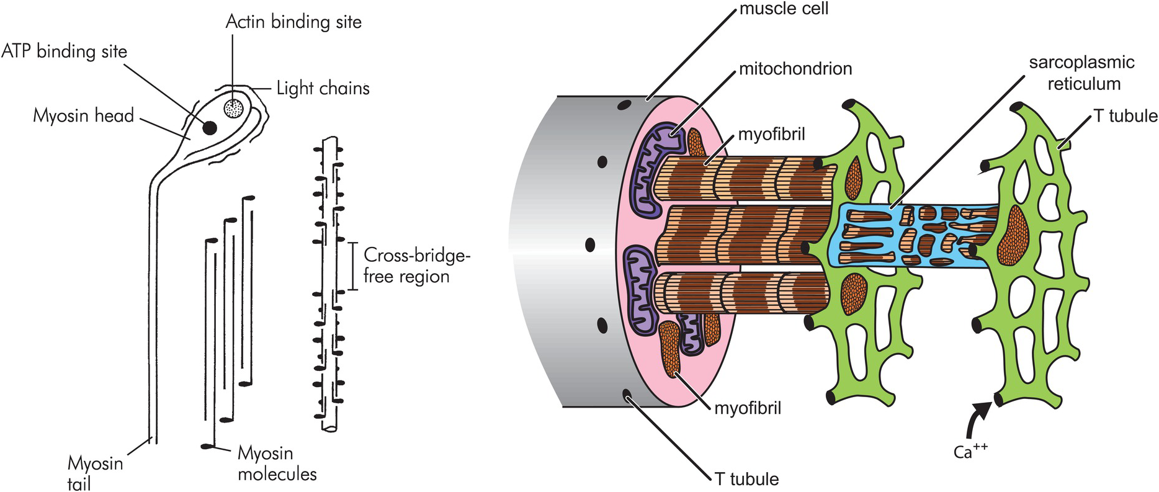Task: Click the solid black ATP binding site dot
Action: pos(210,127)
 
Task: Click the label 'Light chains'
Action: pos(323,89)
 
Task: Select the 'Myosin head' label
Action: pos(83,115)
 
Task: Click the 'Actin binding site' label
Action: pos(293,22)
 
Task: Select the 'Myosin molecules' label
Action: pos(277,463)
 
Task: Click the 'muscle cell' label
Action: pos(784,9)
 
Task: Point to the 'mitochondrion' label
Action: pos(795,68)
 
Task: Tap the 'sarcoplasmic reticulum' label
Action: pos(1082,73)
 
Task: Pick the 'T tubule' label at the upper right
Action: pos(1125,116)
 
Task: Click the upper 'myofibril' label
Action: pos(772,133)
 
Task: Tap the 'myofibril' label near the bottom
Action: pos(748,408)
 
